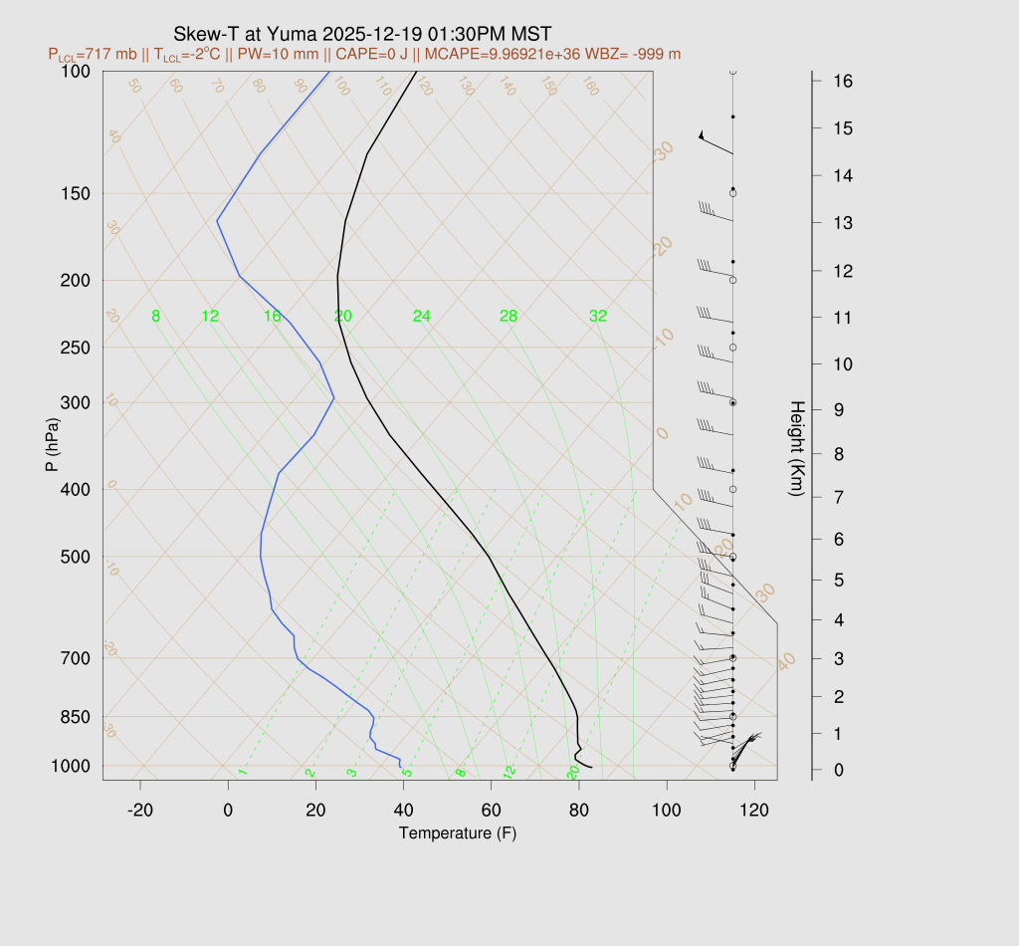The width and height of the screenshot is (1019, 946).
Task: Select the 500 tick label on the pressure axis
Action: point(76,557)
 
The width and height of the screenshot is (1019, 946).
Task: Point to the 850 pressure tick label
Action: point(76,717)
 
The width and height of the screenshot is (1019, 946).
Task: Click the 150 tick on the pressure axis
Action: point(76,193)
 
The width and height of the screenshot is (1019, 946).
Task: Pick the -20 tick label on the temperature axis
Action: point(140,811)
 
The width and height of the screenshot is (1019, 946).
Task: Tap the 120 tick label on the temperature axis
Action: point(754,811)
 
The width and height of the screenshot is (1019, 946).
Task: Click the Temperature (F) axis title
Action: point(458,832)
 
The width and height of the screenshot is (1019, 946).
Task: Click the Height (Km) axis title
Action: point(796,449)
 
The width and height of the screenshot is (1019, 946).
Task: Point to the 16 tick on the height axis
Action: point(841,81)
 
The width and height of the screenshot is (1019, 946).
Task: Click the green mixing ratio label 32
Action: point(597,317)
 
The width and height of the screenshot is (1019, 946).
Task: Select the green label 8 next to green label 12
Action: point(155,317)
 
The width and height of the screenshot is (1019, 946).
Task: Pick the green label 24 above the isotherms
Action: point(422,317)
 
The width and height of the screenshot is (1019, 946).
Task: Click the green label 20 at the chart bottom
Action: point(573,773)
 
